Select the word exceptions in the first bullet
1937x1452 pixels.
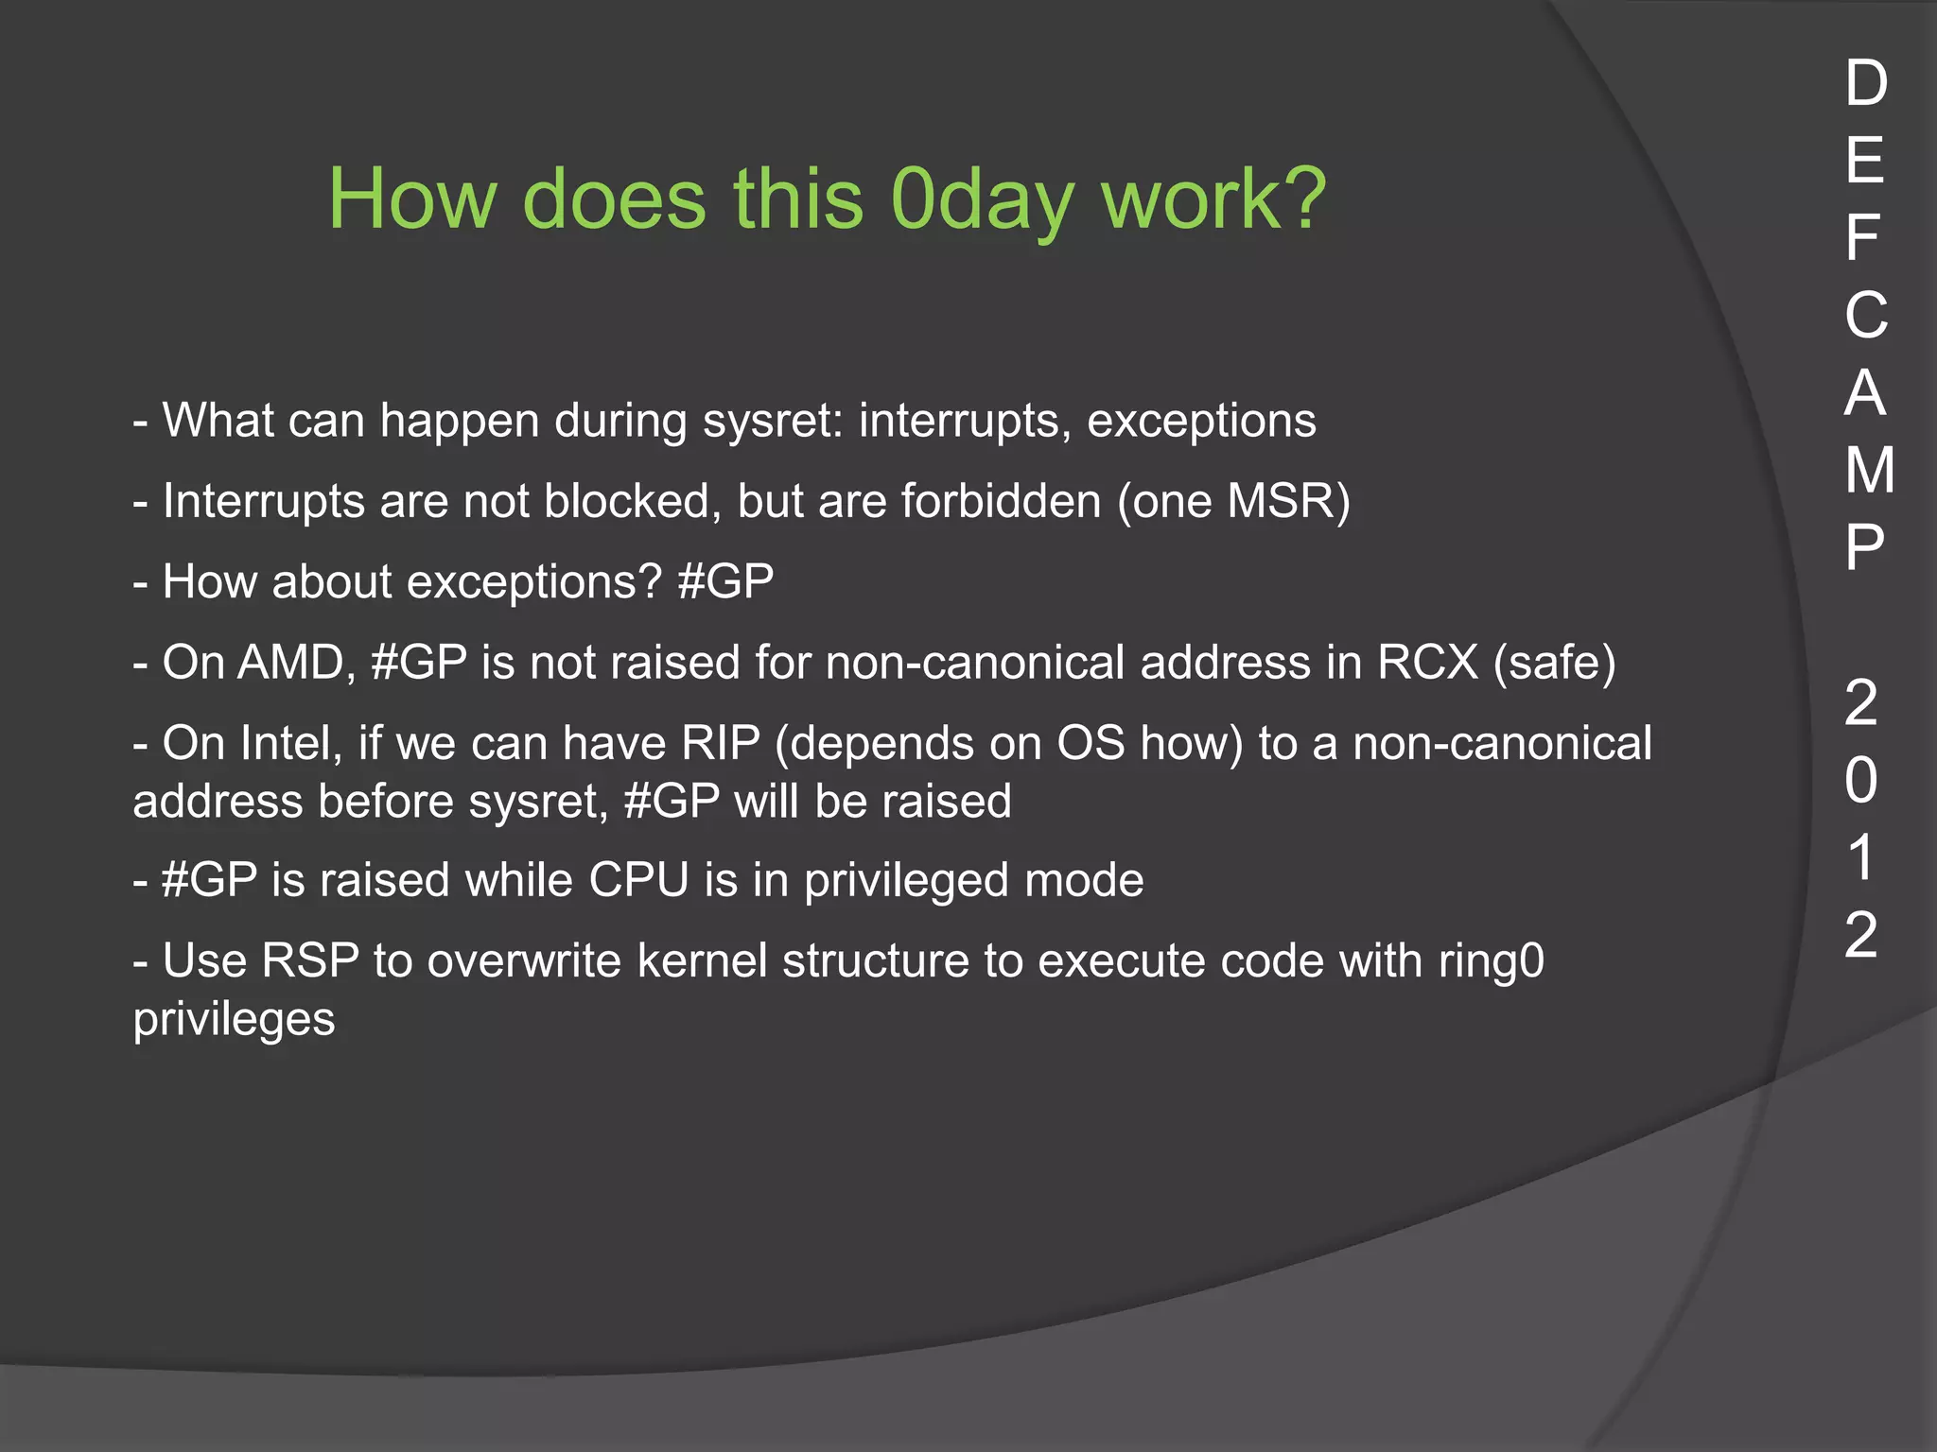(x=1201, y=421)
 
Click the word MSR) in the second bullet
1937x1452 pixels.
(x=1288, y=501)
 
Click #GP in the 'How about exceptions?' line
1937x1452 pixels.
(x=725, y=581)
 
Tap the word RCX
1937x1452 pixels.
(x=1427, y=662)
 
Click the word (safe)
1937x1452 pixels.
(x=1554, y=662)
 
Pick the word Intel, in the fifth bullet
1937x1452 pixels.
(x=291, y=743)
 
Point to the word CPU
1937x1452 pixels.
(x=638, y=880)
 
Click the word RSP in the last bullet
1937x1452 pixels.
(x=310, y=960)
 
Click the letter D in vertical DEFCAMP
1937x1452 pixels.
(x=1865, y=83)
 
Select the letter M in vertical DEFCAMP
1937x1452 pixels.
(x=1869, y=470)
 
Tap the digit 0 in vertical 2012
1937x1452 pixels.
(x=1861, y=781)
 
